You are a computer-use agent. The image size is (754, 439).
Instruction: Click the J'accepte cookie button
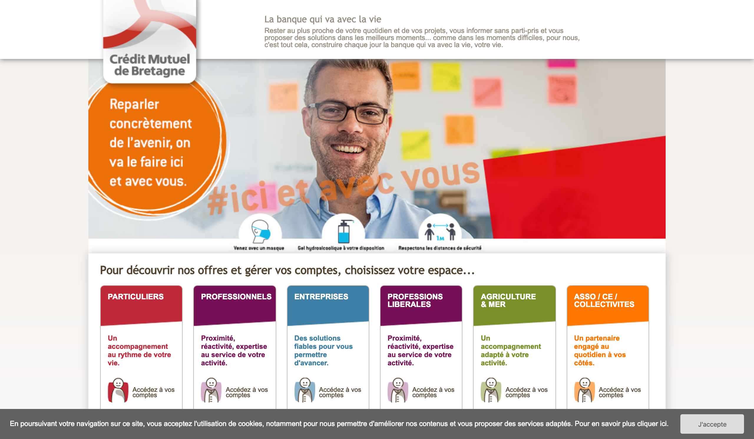[x=712, y=424]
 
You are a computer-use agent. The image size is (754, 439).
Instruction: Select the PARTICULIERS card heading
[x=135, y=297]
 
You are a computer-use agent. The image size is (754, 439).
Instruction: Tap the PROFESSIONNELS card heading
[x=236, y=297]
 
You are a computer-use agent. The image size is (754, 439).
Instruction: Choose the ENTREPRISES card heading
[x=321, y=297]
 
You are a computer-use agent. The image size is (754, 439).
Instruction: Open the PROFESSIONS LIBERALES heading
[x=415, y=300]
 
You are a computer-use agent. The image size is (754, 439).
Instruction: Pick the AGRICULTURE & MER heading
[x=508, y=300]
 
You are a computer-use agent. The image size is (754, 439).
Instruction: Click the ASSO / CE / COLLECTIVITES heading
[x=604, y=300]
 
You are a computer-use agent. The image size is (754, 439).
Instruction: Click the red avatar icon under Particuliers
[x=118, y=390]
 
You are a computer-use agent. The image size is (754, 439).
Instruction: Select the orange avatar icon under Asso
[x=584, y=390]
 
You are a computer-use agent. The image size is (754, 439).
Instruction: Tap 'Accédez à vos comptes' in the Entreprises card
[x=340, y=392]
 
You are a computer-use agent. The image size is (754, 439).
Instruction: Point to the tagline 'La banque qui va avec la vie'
[x=323, y=19]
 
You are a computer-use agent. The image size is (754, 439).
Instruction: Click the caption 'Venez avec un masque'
[x=259, y=248]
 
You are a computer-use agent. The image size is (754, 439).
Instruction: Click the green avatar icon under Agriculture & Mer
[x=491, y=390]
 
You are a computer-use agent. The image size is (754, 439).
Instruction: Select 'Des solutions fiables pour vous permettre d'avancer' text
[x=323, y=350]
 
